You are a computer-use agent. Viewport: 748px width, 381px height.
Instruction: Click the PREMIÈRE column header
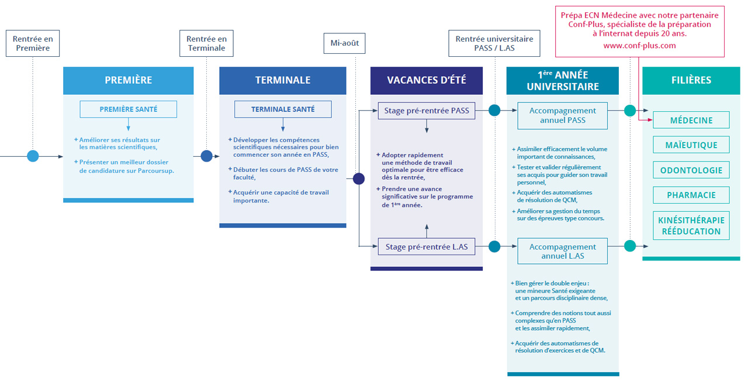[x=128, y=81]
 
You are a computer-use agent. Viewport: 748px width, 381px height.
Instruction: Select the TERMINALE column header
[x=283, y=81]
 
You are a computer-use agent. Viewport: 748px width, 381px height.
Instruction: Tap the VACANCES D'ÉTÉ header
[x=427, y=81]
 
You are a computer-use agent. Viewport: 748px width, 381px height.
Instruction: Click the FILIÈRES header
[x=691, y=81]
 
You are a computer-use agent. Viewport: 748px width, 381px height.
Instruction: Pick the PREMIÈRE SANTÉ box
[x=128, y=109]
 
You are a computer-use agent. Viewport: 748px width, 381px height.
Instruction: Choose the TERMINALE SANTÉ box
[x=283, y=109]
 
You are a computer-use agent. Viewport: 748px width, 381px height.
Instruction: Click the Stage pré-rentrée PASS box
[x=427, y=110]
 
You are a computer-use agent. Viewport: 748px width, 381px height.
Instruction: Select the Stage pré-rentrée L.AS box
[x=427, y=247]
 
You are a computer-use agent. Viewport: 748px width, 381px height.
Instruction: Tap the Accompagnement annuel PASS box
[x=563, y=115]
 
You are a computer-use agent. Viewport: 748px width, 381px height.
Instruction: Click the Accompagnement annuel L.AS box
[x=563, y=252]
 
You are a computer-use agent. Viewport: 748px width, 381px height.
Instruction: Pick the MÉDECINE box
[x=691, y=120]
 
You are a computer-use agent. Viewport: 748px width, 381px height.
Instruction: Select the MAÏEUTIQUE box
[x=691, y=145]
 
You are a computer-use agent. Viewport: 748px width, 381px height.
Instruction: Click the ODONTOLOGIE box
[x=691, y=170]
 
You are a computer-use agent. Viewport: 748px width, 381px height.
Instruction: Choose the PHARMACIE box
[x=691, y=195]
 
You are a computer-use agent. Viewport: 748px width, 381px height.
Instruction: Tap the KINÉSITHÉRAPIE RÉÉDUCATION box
[x=691, y=226]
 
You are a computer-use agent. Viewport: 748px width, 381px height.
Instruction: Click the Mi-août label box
[x=345, y=43]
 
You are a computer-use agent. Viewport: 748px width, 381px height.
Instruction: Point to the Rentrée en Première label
[x=33, y=43]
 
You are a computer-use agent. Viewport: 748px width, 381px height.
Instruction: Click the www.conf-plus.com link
[x=639, y=46]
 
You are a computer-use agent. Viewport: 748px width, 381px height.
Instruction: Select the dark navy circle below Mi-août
[x=359, y=179]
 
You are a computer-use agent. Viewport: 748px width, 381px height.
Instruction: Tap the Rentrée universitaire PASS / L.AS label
[x=495, y=43]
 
